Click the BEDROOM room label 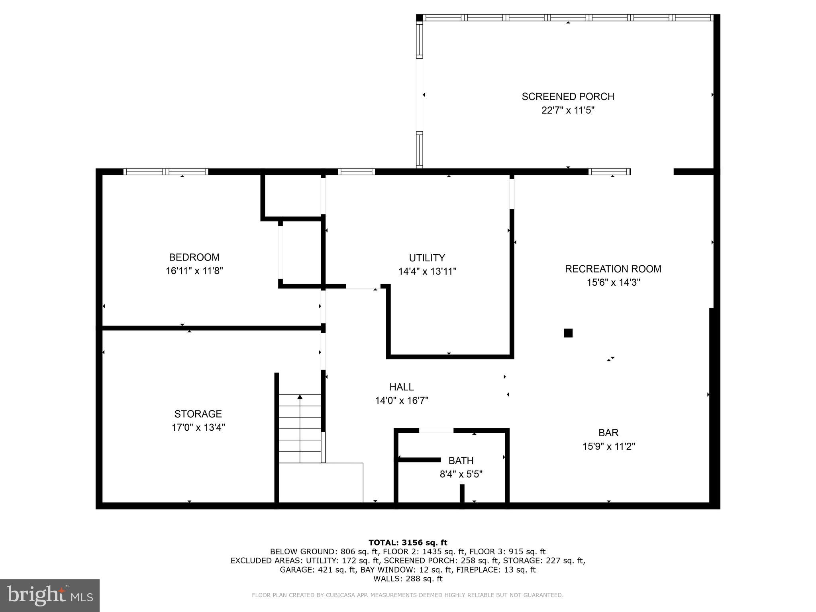(x=194, y=257)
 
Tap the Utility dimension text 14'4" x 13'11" (x=427, y=272)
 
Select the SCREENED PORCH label (x=568, y=97)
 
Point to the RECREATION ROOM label (x=613, y=269)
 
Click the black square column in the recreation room (x=568, y=333)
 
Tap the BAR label (x=608, y=433)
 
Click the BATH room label (x=461, y=461)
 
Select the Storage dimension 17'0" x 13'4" (x=198, y=428)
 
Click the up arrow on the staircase (x=300, y=397)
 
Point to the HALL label (x=401, y=387)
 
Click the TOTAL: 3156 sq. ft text (x=408, y=542)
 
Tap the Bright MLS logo (x=49, y=596)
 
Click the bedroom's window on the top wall (x=166, y=172)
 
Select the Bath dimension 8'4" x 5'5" (x=461, y=475)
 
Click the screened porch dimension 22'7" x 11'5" (x=568, y=110)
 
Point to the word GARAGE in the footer (x=297, y=570)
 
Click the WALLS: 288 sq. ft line (x=408, y=579)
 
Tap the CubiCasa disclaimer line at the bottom (x=408, y=595)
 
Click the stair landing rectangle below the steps (x=321, y=483)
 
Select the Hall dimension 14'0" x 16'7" (x=401, y=400)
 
